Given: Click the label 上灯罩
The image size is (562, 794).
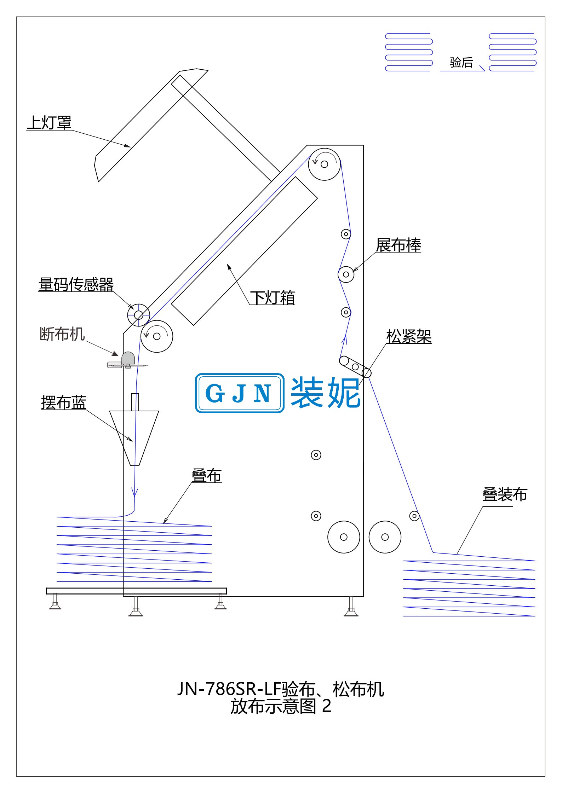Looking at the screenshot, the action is (x=49, y=123).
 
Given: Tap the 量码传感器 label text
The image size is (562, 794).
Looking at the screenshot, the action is (x=76, y=284).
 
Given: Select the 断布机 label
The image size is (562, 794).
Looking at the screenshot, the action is (x=62, y=334).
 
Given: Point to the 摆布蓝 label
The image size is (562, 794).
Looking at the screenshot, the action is (x=63, y=402).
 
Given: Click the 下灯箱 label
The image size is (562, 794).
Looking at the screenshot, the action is (x=273, y=297).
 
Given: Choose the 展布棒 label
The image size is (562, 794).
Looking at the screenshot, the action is (x=398, y=245).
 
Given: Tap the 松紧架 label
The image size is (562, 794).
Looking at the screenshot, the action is (x=409, y=336).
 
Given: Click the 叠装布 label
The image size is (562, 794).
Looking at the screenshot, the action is (x=505, y=494).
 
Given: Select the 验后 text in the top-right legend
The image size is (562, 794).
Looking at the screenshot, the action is (x=461, y=63).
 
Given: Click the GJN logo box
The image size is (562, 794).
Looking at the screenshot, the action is (x=240, y=393).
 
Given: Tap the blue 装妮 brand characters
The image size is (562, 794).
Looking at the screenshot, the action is (x=325, y=392).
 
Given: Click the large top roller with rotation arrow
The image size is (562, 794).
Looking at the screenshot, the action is (x=324, y=164).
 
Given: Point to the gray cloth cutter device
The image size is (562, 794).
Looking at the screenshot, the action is (x=127, y=360).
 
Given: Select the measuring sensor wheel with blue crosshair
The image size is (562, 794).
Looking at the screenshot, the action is (x=138, y=315).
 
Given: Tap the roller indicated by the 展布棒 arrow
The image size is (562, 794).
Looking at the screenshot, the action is (x=346, y=274).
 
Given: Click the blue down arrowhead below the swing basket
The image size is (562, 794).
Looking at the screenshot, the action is (x=134, y=492).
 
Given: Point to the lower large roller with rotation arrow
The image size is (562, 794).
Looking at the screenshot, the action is (x=157, y=336).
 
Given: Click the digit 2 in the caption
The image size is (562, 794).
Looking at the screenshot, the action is (x=327, y=706).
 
